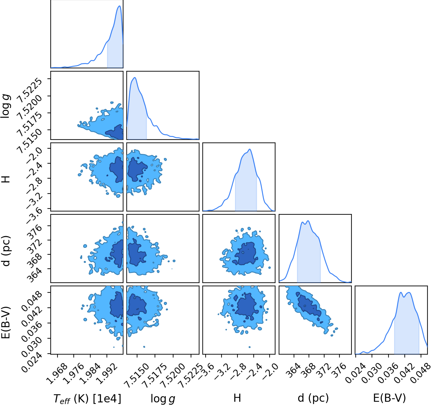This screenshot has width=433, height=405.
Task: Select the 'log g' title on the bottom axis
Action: point(163,399)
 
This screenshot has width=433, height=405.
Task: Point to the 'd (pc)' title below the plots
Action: point(313,398)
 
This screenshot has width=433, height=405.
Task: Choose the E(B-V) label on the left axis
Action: point(6,322)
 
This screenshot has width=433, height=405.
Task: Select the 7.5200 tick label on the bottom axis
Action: point(172,376)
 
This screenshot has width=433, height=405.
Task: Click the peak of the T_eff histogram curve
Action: point(119,6)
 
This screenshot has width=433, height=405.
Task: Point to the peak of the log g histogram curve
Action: point(135,77)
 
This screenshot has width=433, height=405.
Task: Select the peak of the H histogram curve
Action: point(250,149)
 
